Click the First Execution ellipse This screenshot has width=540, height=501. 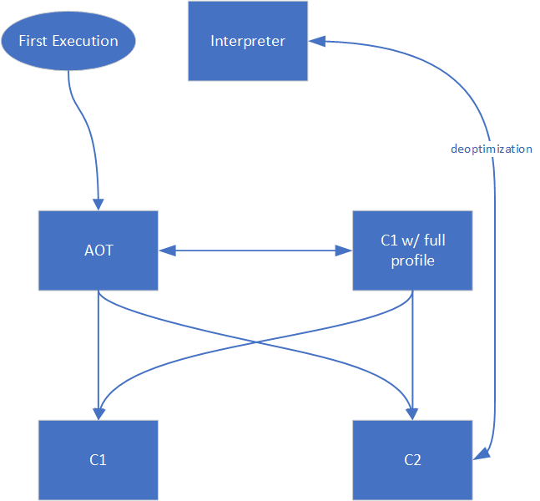pos(69,41)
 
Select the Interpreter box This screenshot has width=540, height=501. pos(248,41)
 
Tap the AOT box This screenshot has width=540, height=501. pos(98,250)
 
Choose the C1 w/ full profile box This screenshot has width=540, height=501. pos(412,250)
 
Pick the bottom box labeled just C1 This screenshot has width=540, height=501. pos(98,459)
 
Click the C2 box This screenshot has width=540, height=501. pos(412,459)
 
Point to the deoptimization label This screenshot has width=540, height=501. pos(492,149)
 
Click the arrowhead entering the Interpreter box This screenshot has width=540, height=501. pos(314,40)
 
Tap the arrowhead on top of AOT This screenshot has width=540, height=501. pos(98,205)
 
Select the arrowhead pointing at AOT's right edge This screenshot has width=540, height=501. pos(164,250)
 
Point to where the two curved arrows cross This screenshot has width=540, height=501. pos(255,342)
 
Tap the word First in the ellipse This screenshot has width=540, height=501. pos(34,41)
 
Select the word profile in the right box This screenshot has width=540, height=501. pos(412,260)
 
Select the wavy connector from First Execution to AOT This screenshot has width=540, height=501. pos(83,125)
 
